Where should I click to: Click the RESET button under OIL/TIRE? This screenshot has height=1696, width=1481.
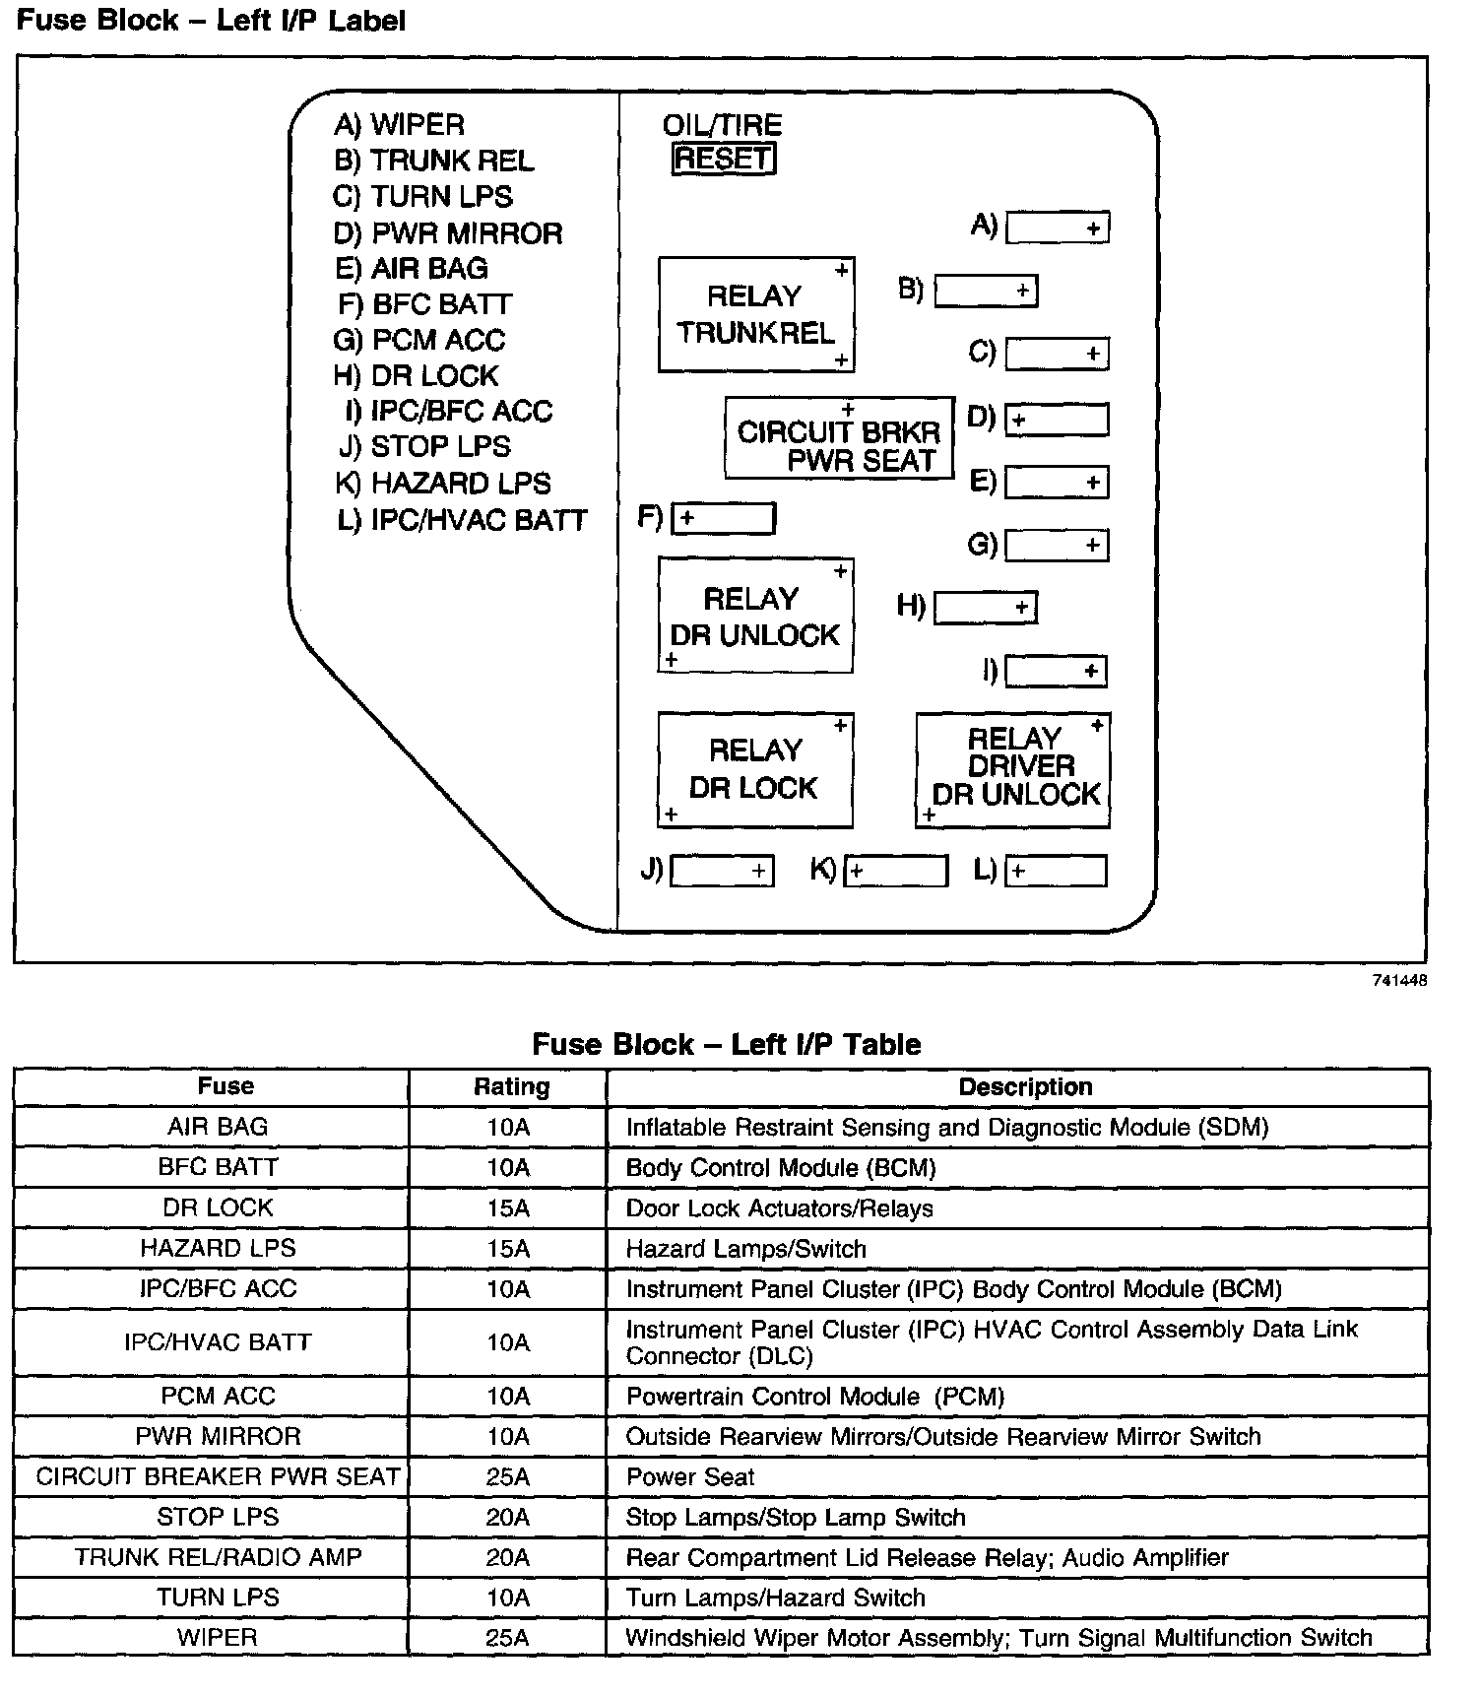pyautogui.click(x=723, y=159)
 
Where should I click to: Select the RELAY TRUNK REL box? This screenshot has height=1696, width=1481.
pyautogui.click(x=755, y=315)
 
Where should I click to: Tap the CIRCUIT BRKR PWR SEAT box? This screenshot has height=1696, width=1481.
pyautogui.click(x=839, y=438)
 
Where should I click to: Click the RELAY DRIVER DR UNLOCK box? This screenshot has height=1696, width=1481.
pyautogui.click(x=1013, y=769)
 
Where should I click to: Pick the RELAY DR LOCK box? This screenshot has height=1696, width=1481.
pyautogui.click(x=754, y=769)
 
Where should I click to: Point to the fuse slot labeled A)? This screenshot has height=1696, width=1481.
pyautogui.click(x=1057, y=228)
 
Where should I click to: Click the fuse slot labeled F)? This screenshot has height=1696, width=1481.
pyautogui.click(x=723, y=518)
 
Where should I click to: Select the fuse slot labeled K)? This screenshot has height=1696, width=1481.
pyautogui.click(x=896, y=871)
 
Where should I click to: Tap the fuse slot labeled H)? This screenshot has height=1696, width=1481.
pyautogui.click(x=985, y=608)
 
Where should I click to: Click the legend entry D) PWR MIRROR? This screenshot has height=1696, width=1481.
pyautogui.click(x=448, y=233)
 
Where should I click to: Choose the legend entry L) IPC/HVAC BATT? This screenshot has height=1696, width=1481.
pyautogui.click(x=462, y=520)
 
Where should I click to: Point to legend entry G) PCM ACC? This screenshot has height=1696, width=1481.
pyautogui.click(x=419, y=340)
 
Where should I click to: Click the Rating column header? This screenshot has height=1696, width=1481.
pyautogui.click(x=511, y=1086)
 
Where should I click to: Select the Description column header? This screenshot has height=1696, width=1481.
pyautogui.click(x=1025, y=1086)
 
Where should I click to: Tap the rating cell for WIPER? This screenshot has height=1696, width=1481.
pyautogui.click(x=508, y=1638)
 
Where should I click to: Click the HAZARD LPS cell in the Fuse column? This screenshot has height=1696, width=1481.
pyautogui.click(x=218, y=1248)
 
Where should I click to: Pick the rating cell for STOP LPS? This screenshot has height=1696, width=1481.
pyautogui.click(x=508, y=1517)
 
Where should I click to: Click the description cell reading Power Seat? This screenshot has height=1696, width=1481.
pyautogui.click(x=690, y=1476)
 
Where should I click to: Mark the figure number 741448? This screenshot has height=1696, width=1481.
pyautogui.click(x=1399, y=980)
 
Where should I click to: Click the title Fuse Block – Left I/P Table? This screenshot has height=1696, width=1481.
pyautogui.click(x=726, y=1044)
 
